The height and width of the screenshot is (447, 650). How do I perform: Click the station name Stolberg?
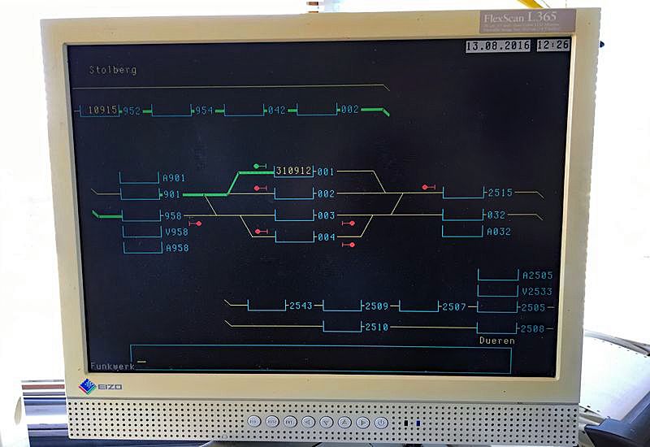(113, 70)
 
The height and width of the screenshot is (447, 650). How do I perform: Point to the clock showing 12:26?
(553, 46)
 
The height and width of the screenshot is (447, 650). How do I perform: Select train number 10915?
(103, 110)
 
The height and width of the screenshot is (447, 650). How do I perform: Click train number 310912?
(293, 171)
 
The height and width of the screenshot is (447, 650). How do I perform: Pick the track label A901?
(174, 178)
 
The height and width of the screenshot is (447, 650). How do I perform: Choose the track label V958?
(176, 232)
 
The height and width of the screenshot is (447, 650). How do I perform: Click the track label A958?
(176, 248)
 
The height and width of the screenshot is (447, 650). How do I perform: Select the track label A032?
(498, 232)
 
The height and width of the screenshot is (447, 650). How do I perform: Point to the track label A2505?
(537, 276)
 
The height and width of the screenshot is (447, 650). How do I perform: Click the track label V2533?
(537, 291)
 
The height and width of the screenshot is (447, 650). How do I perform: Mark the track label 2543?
(301, 306)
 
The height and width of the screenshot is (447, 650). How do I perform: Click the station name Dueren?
(496, 341)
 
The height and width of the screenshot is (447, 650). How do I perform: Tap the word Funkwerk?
(112, 366)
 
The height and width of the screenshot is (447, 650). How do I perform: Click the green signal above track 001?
(258, 166)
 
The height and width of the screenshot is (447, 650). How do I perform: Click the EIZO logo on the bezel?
(101, 386)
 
